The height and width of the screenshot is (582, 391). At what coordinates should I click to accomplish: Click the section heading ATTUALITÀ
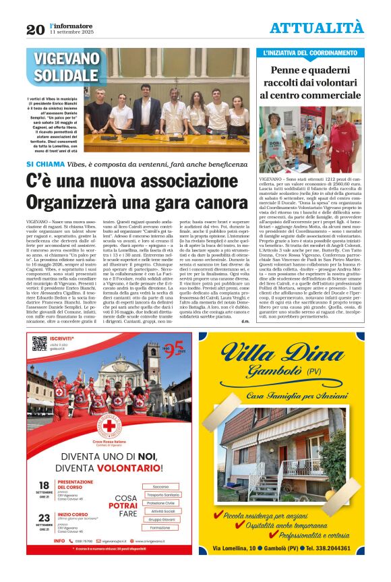[x=316, y=28]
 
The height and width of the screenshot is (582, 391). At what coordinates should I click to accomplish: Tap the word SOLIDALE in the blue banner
[x=67, y=75]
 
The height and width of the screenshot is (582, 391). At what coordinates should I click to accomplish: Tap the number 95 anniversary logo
[x=175, y=348]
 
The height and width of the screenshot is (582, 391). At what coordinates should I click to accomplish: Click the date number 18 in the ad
[x=44, y=486]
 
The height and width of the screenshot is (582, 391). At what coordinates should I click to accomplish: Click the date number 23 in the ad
[x=44, y=523]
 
